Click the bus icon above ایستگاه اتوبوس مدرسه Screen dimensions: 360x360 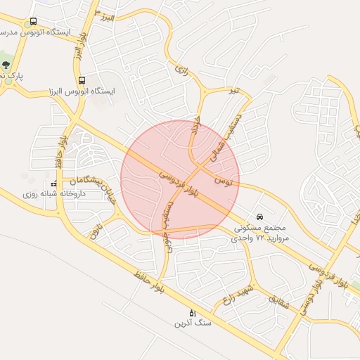pos(34,21)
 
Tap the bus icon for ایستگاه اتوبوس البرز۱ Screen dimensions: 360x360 pos(82,80)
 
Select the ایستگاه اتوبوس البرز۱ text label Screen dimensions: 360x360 pos(82,91)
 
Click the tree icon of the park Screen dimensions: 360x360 pos(7,65)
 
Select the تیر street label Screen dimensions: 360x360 pos(234,91)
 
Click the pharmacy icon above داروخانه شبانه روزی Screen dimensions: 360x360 pos(54,184)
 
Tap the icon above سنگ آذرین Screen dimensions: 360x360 pos(191,313)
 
